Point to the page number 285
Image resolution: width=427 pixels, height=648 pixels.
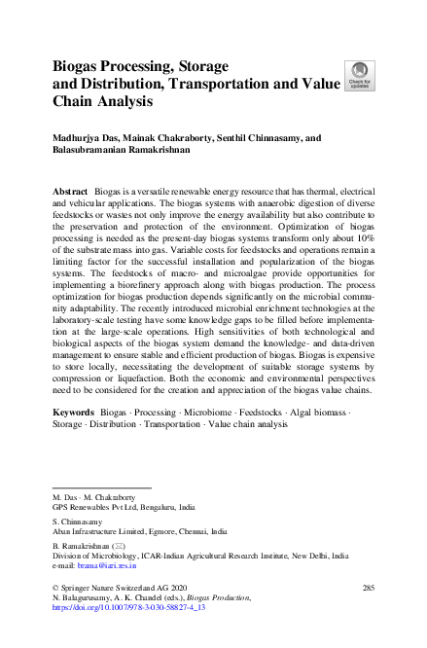tap(368, 588)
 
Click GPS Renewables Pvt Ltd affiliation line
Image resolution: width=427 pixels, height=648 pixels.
tap(123, 508)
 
